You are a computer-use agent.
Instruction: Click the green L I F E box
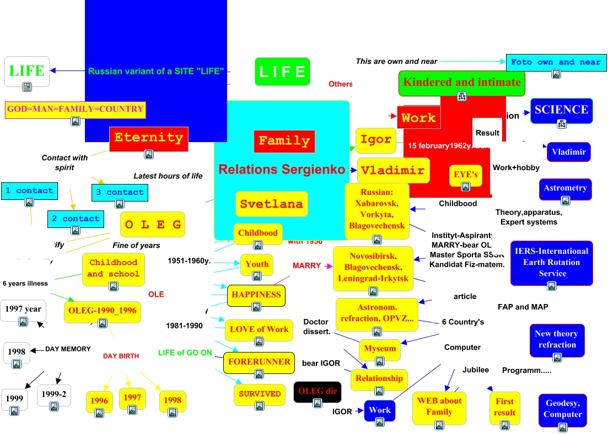coord(282,72)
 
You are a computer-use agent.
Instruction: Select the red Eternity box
coord(149,138)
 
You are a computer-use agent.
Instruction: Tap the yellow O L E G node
coord(152,224)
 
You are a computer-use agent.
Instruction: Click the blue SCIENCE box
coord(561,110)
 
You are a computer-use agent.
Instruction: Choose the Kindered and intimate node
coord(461,83)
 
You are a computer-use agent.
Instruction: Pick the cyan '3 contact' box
coord(120,192)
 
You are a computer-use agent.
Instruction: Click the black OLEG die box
coord(317,392)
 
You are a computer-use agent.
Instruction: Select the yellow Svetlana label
coord(271,204)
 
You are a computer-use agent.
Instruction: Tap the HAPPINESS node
coord(256,295)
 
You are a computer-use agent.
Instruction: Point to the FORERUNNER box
coord(259,362)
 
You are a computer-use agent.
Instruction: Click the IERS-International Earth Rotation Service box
coord(551,263)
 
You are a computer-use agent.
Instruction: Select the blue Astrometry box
coord(565,188)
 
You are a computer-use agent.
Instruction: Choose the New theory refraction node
coord(557,339)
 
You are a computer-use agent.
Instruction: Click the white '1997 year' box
coord(23,310)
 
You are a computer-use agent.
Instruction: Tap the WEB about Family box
coord(439,407)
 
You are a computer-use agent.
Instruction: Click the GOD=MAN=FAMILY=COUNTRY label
coord(76,109)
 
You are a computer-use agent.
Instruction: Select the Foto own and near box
coord(556,62)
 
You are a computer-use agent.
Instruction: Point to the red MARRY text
coord(306,265)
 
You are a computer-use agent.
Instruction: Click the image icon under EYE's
coord(466,187)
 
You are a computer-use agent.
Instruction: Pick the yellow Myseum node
coord(380,349)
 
